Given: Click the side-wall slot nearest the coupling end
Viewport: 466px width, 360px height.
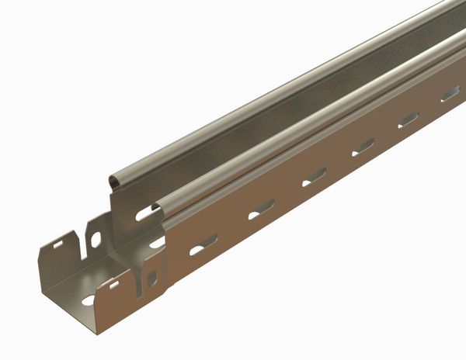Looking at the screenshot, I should click(x=203, y=245).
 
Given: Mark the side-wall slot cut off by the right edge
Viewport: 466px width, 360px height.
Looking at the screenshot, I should click(x=450, y=95).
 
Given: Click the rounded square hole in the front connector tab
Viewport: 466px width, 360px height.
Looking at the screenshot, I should click(x=152, y=276).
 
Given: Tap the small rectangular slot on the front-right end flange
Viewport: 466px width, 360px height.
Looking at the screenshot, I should click(x=113, y=285).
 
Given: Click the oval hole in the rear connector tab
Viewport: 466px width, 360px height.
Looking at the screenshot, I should click(x=96, y=239).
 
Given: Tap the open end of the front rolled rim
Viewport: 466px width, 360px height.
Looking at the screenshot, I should click(x=160, y=207).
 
